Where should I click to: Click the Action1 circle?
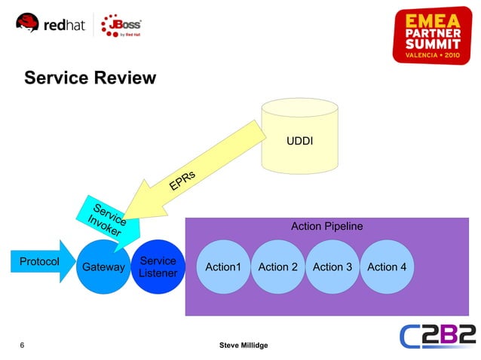pyautogui.click(x=223, y=267)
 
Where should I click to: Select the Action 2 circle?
pyautogui.click(x=277, y=267)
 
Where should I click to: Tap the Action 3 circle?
pyautogui.click(x=332, y=267)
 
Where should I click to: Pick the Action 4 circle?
pyautogui.click(x=386, y=267)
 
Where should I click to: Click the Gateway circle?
pyautogui.click(x=103, y=267)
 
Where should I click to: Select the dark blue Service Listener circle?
pyautogui.click(x=158, y=267)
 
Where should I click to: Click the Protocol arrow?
pyautogui.click(x=39, y=261)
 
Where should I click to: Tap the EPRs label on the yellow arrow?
pyautogui.click(x=182, y=181)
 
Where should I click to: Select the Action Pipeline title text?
pyautogui.click(x=326, y=226)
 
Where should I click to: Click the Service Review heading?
pyautogui.click(x=90, y=78)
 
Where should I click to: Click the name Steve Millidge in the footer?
pyautogui.click(x=243, y=345)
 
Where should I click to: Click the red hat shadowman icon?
pyautogui.click(x=28, y=25)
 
